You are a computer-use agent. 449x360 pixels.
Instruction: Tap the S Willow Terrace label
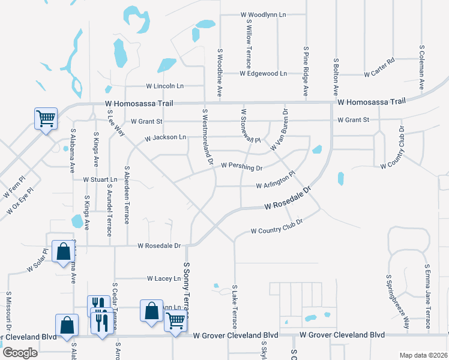coord(249,43)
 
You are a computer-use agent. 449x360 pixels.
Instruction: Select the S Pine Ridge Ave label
coord(306,71)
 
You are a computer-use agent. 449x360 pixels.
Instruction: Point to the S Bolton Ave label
coord(334,77)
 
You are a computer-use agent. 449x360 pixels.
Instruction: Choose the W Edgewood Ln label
coord(263,74)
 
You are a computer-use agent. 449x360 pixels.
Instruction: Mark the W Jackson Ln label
coord(166,139)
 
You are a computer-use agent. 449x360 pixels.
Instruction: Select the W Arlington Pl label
coord(276,180)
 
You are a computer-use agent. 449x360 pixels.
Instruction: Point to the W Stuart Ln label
coord(100,179)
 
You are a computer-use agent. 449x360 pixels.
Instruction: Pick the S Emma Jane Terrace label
coord(428,296)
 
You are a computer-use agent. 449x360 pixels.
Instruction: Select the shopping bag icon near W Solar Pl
coord(63,252)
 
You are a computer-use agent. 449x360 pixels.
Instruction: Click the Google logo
coord(20,353)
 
